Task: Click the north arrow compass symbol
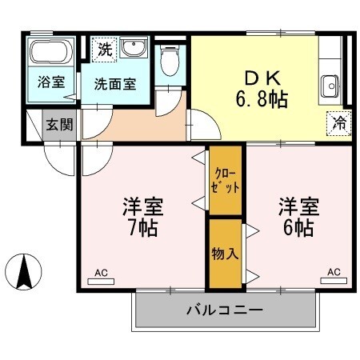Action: click(x=25, y=272)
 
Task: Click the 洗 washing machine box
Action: click(x=103, y=49)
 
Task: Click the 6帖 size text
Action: click(x=299, y=227)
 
